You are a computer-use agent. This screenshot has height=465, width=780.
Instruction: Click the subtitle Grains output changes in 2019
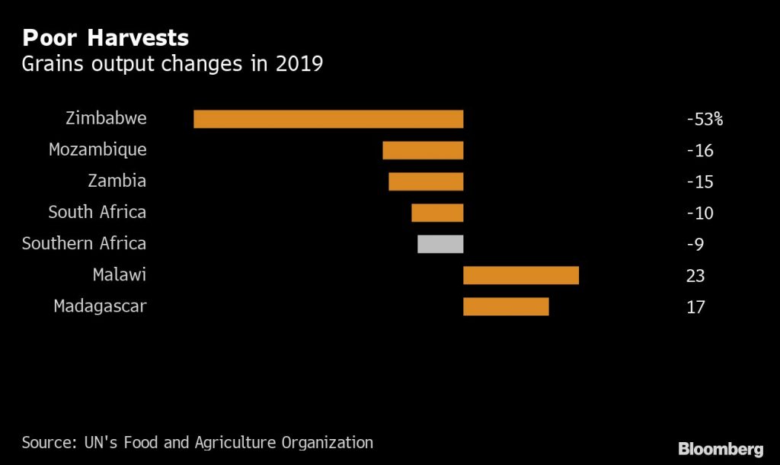click(x=172, y=64)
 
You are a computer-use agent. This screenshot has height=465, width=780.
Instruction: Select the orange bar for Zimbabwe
click(x=328, y=119)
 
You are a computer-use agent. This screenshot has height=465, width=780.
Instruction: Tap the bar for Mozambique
click(x=423, y=150)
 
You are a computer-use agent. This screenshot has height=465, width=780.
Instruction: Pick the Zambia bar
click(x=426, y=181)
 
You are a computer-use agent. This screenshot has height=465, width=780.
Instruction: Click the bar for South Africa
click(x=437, y=213)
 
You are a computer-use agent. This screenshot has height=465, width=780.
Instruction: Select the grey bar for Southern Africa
click(x=440, y=244)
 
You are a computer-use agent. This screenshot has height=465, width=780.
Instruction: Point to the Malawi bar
click(x=521, y=275)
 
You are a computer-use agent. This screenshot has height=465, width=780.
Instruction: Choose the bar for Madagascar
click(x=506, y=306)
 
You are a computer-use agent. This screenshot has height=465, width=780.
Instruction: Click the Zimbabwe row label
click(x=106, y=119)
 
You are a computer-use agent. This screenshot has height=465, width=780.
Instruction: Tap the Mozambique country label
click(x=97, y=150)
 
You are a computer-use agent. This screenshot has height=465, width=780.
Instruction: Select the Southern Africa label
click(x=84, y=244)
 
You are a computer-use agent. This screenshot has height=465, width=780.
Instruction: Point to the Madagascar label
click(x=100, y=306)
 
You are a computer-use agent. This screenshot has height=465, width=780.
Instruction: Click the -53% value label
click(x=704, y=120)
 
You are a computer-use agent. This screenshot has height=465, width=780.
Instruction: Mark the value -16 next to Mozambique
click(x=699, y=151)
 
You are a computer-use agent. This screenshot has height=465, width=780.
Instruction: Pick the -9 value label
click(x=695, y=245)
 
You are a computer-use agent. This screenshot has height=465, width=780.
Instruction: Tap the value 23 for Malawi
click(x=695, y=276)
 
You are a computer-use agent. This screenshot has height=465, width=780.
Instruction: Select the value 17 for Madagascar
click(x=695, y=307)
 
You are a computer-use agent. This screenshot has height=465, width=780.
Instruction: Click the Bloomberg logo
click(x=721, y=447)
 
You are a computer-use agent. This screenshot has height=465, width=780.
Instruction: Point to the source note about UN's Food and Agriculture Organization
click(x=197, y=442)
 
